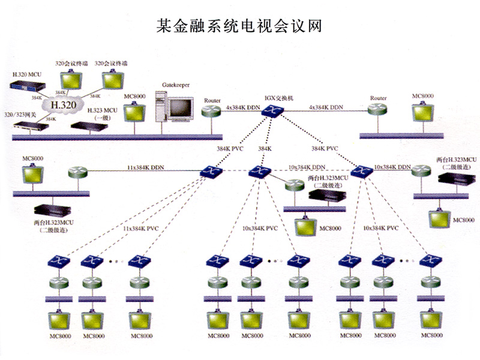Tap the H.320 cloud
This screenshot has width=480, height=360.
tap(62, 105)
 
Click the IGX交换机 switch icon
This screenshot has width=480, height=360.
tap(275, 110)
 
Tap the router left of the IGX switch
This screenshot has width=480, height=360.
tap(212, 110)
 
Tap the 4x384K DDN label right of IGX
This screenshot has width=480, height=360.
tap(325, 107)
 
